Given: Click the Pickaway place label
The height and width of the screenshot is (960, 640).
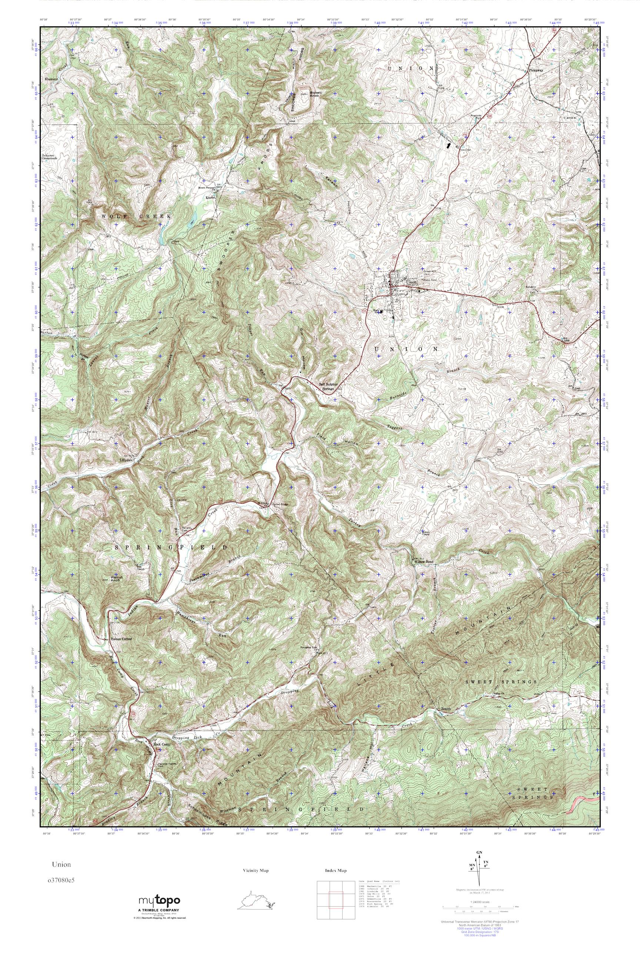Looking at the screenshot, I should (x=536, y=70).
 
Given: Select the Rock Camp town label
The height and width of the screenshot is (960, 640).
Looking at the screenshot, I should (x=160, y=744).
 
